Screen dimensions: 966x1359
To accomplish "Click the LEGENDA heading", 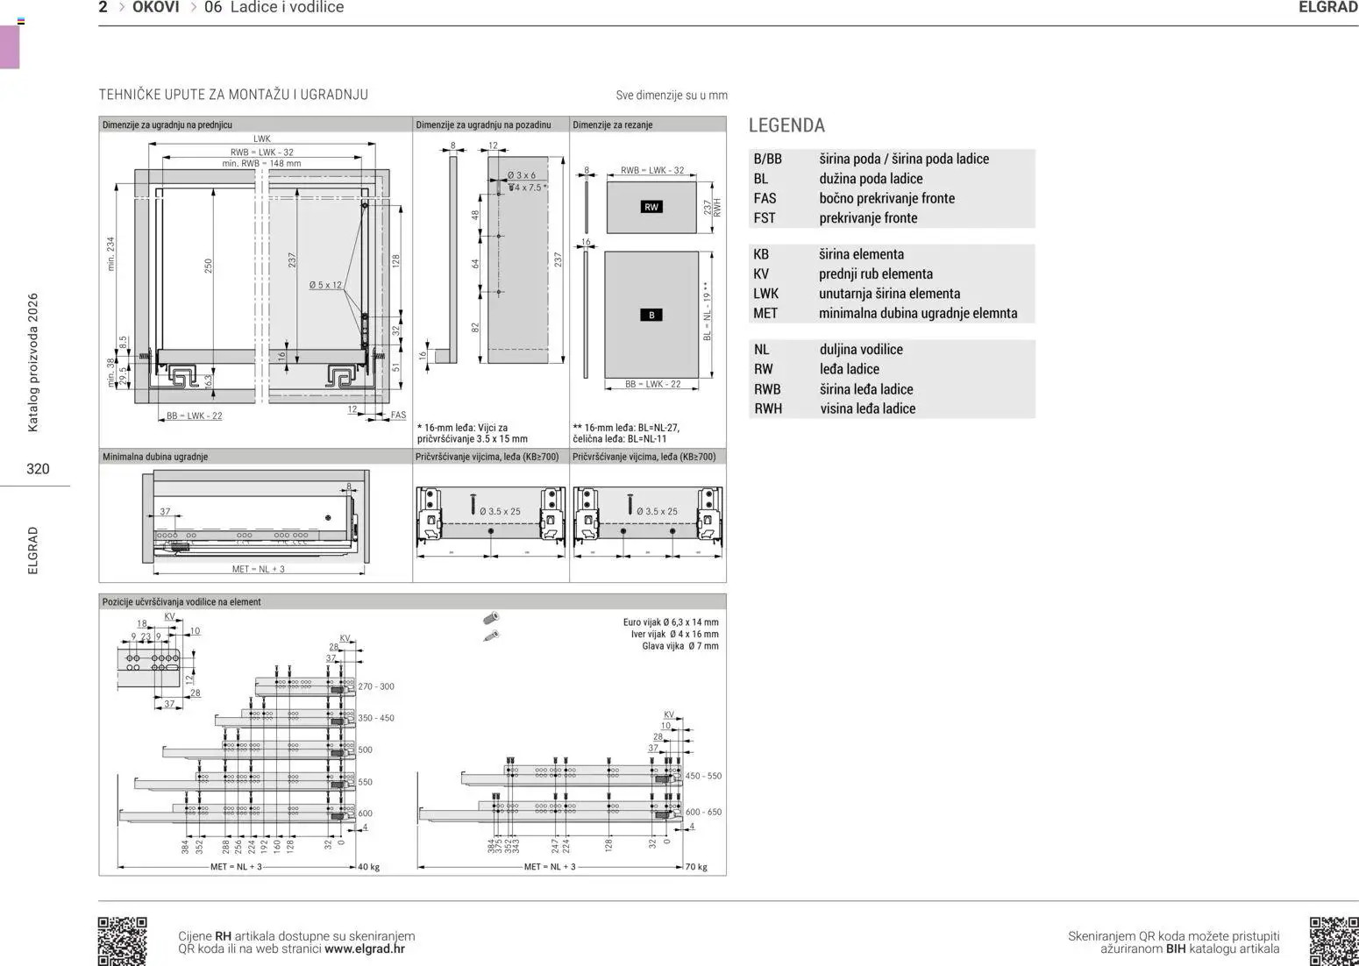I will [786, 125].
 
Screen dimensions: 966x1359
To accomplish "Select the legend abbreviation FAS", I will [765, 198].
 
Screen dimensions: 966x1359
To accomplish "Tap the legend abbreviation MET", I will [765, 313].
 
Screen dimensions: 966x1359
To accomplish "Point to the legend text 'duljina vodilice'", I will [861, 349].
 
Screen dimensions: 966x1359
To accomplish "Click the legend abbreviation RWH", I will [768, 408].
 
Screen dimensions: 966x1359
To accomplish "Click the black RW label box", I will [651, 207].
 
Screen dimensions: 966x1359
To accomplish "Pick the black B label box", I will [651, 315].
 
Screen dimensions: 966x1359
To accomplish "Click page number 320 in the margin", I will [38, 469].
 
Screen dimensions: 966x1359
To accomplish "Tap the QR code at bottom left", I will [122, 941].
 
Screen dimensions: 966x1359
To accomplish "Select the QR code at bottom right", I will [1334, 941].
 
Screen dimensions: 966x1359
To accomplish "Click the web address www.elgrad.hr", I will [365, 948].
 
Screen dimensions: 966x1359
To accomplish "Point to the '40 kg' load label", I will [369, 867].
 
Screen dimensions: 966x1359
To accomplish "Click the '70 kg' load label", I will [696, 867].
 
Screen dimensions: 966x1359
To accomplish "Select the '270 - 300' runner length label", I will [376, 686].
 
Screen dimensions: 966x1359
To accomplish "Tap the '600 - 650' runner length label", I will [703, 812].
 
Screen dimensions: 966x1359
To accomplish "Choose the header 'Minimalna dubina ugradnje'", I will [155, 457].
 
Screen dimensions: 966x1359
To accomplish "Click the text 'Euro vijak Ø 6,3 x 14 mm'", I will [671, 622].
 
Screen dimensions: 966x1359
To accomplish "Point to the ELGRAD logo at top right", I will [1327, 8].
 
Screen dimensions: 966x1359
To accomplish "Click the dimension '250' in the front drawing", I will [209, 264].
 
